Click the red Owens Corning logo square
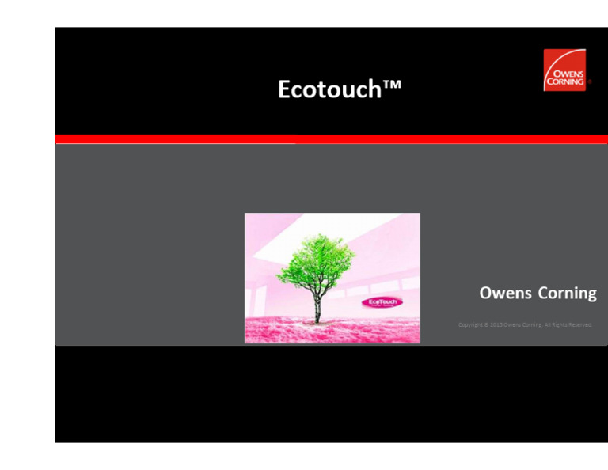click(564, 70)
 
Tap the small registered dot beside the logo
click(589, 81)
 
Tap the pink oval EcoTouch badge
click(383, 301)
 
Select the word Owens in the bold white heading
click(506, 294)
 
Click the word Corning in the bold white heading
click(567, 294)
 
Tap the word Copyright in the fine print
click(472, 324)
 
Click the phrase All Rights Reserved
click(566, 324)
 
